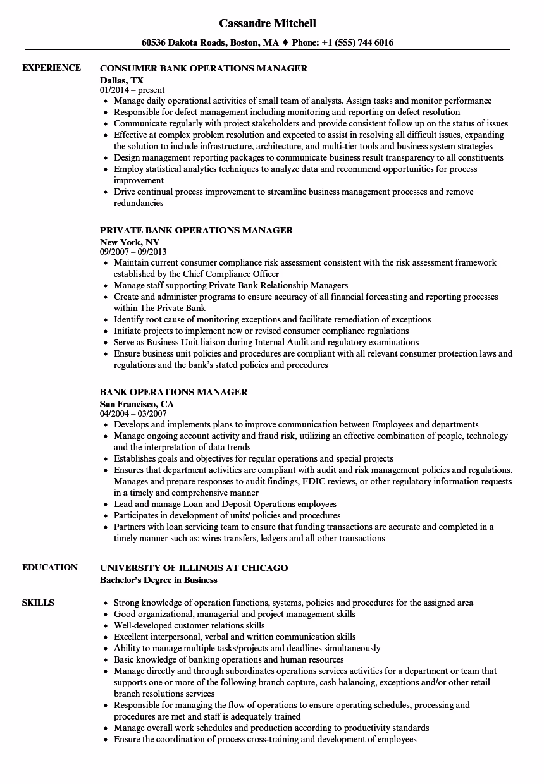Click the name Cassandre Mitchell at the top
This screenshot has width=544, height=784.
(268, 23)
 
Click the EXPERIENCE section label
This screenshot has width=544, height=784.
(51, 68)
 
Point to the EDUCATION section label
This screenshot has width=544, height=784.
(50, 568)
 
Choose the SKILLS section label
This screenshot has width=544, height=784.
(38, 603)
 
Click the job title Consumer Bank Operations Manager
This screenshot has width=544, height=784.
(204, 68)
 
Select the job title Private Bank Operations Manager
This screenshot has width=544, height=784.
(196, 231)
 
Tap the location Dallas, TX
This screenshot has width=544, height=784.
(121, 80)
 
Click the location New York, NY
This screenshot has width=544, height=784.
(130, 242)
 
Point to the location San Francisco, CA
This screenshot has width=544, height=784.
(137, 404)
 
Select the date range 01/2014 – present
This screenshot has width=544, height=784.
(132, 90)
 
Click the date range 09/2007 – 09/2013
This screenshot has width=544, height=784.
(133, 252)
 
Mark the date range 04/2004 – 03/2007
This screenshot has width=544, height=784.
(133, 414)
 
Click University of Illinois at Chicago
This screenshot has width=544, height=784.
(194, 568)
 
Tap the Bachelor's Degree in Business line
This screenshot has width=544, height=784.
(158, 580)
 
